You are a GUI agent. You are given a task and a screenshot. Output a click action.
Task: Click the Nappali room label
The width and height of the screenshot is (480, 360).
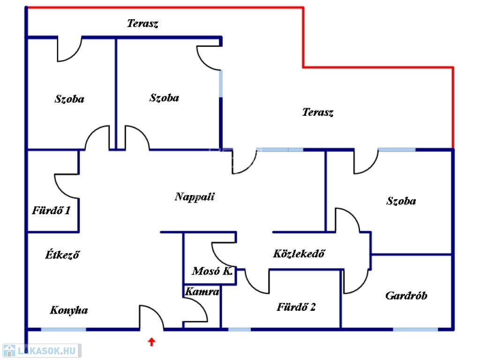tap(195, 197)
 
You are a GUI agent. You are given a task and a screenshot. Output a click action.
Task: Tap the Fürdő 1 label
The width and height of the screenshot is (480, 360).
tap(51, 210)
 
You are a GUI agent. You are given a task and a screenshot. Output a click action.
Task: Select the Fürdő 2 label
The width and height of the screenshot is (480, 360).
tap(296, 307)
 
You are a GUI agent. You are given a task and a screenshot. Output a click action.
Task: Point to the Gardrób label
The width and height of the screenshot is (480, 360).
tap(406, 296)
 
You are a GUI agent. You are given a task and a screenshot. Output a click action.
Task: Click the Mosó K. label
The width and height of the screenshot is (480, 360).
tap(212, 271)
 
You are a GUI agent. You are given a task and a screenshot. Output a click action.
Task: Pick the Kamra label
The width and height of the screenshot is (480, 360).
tap(202, 292)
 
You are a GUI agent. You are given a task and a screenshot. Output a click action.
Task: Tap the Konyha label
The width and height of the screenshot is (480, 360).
tap(69, 310)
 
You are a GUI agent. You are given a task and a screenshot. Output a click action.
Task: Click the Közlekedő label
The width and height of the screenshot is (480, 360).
tap(299, 254)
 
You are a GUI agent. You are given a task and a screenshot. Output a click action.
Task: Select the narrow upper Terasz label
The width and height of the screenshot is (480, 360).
tap(142, 24)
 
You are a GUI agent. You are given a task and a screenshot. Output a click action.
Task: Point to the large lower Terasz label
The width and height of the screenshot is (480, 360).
tap(318, 112)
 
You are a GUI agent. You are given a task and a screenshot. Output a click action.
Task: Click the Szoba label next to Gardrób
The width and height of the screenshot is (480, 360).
tap(401, 201)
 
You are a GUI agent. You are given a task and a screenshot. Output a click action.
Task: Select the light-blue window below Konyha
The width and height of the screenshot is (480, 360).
tap(63, 330)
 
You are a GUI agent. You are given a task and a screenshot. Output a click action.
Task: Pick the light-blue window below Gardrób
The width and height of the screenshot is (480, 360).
tap(415, 330)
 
